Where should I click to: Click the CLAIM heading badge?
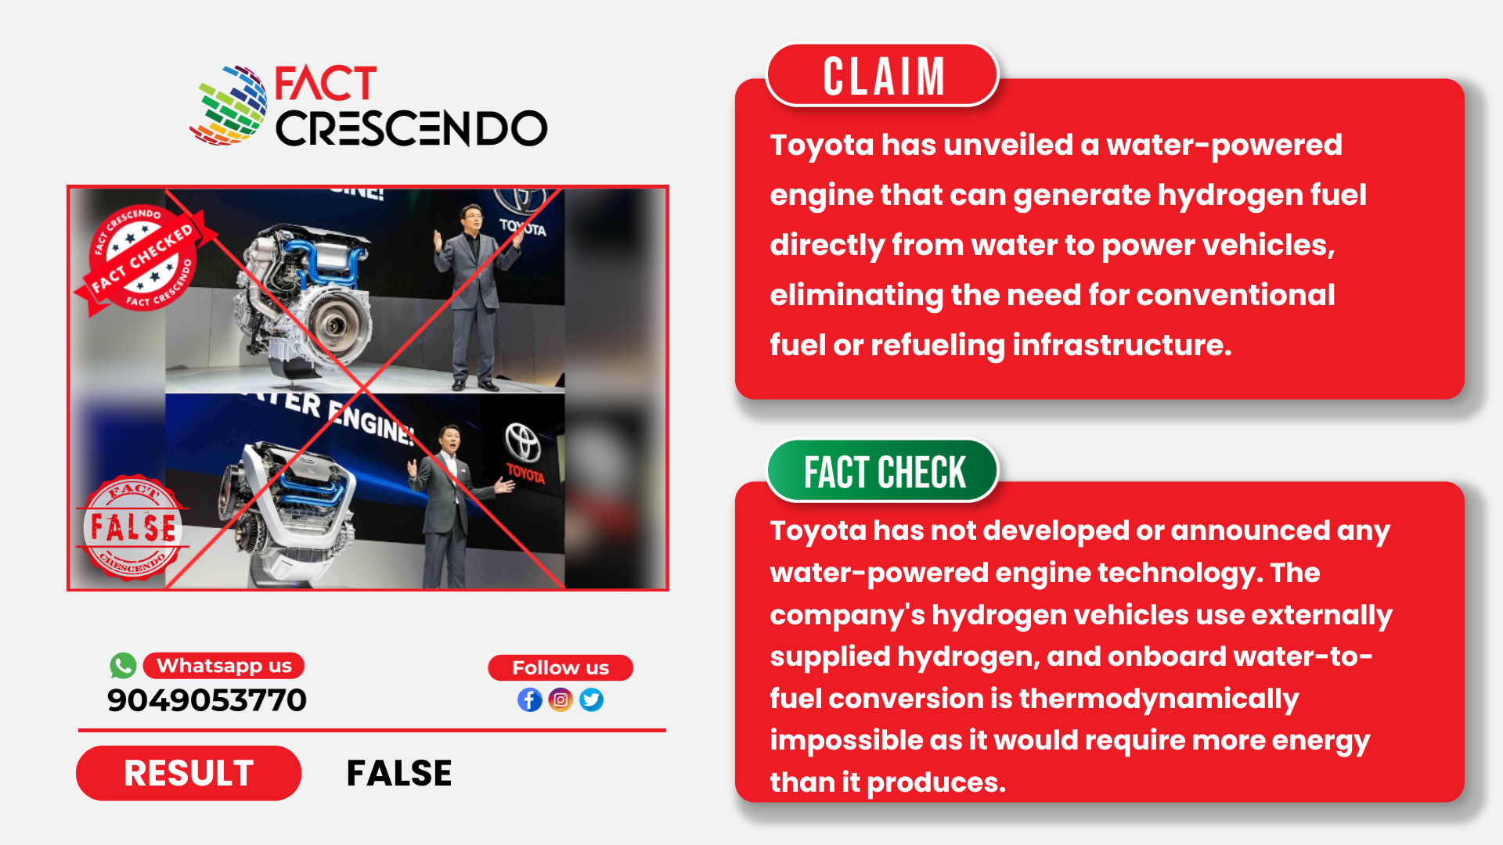click(x=882, y=75)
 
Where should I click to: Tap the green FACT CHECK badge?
click(x=883, y=471)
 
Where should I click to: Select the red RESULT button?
click(x=189, y=773)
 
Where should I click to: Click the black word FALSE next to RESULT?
click(x=399, y=773)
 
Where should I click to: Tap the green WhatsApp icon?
click(x=123, y=666)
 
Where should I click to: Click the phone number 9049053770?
click(x=207, y=700)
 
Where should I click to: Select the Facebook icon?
click(x=530, y=699)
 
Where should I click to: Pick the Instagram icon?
click(x=560, y=699)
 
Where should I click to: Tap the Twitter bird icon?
click(x=592, y=699)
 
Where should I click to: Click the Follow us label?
click(x=560, y=667)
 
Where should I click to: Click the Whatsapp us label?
click(x=224, y=666)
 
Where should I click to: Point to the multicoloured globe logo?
click(x=229, y=106)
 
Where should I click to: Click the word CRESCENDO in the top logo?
click(x=411, y=128)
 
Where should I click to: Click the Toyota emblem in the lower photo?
click(x=523, y=442)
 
